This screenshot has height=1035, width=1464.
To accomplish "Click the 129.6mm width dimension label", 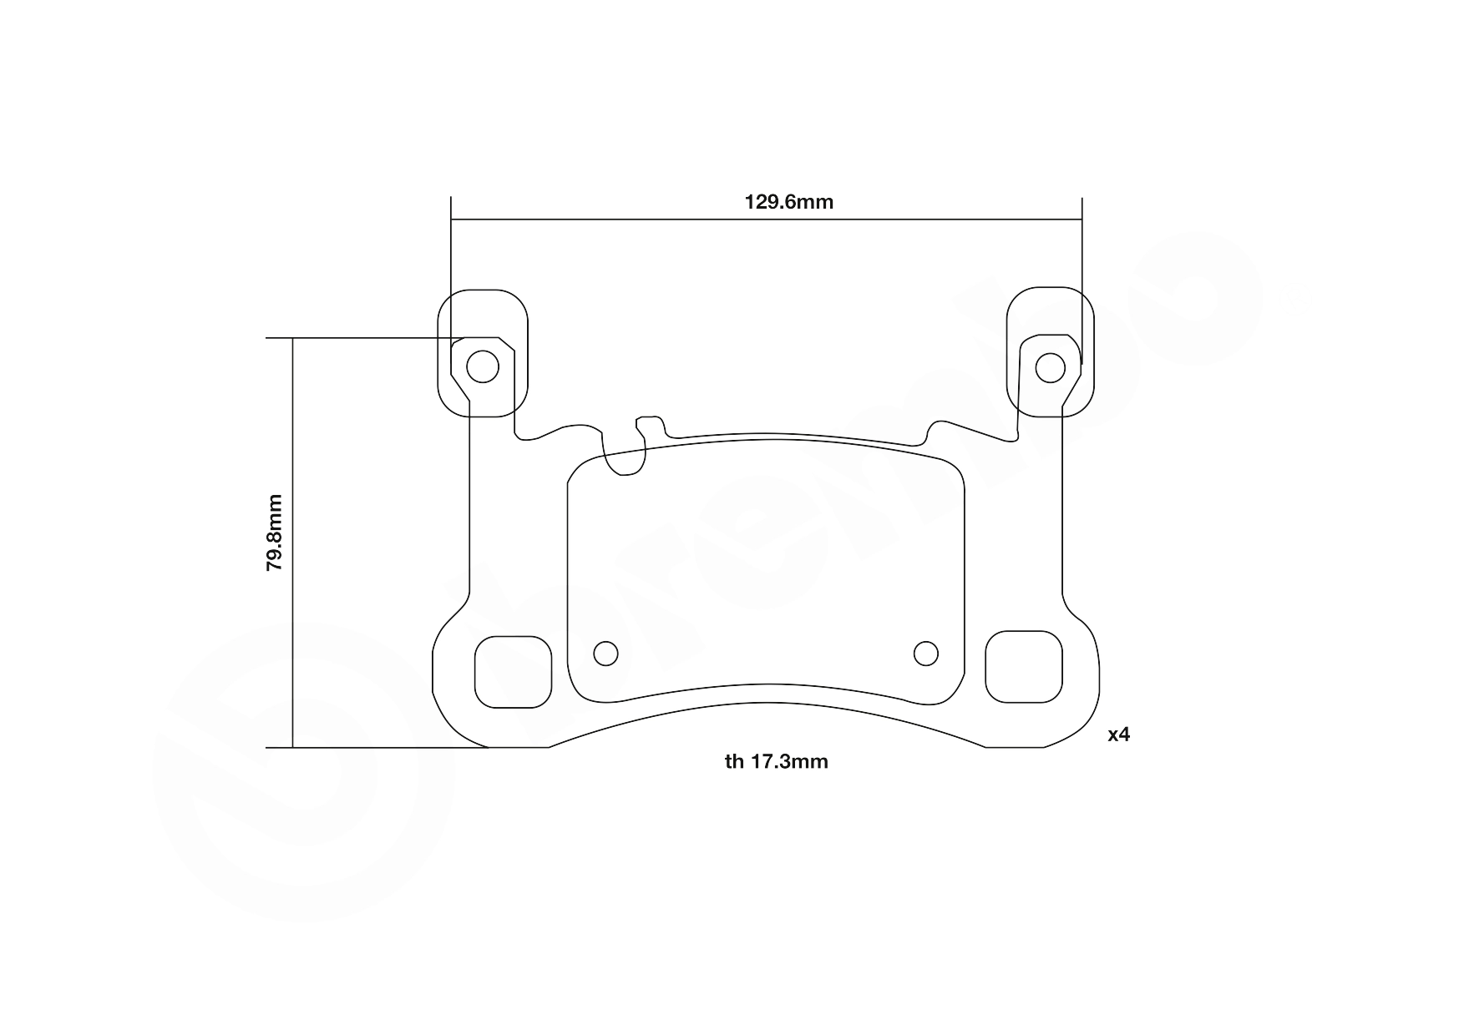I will (x=788, y=202).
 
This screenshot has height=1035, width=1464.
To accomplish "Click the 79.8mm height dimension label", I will (x=275, y=533).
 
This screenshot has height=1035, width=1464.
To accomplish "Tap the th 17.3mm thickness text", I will (x=777, y=761).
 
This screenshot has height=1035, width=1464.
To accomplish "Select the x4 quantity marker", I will (x=1118, y=735).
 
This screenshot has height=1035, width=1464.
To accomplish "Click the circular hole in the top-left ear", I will (x=482, y=366).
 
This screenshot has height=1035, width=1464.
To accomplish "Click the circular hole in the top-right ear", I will (x=1050, y=366).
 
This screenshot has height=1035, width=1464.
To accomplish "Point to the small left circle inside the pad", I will (x=605, y=654).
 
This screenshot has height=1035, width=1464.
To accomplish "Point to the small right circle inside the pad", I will (x=925, y=654).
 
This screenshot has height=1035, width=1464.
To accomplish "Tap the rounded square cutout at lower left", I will (x=514, y=671).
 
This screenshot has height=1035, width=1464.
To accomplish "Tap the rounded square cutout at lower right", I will (x=1024, y=667).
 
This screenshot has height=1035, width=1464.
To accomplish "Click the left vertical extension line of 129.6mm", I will (x=451, y=250).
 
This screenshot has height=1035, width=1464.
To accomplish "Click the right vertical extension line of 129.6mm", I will (x=1082, y=250).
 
